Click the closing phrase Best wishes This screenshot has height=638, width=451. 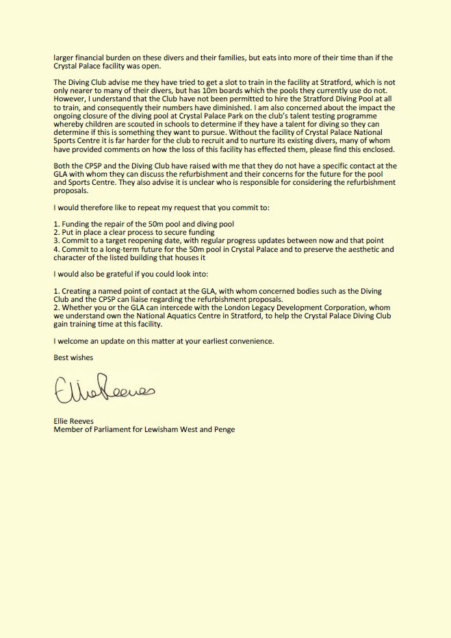click(73, 357)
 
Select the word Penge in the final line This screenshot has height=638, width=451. click(224, 430)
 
